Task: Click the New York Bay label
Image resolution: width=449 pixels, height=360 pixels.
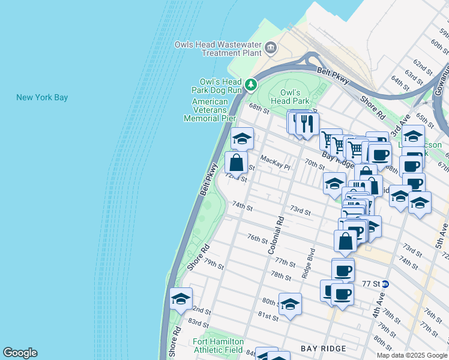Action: coord(42,97)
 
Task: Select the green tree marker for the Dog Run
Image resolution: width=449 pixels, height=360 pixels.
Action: coord(252,85)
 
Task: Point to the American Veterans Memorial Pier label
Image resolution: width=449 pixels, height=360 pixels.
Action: coord(209,110)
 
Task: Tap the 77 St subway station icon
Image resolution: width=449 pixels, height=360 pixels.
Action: coord(385,284)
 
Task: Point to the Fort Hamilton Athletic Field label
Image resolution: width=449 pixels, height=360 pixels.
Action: coord(217,346)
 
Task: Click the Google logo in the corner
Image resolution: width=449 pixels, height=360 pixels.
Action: coord(20,353)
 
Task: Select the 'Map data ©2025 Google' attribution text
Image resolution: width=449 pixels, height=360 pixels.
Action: coord(412,355)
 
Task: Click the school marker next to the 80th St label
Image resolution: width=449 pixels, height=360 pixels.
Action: coord(290,304)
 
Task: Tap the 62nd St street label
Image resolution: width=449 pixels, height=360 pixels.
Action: coord(423,64)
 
